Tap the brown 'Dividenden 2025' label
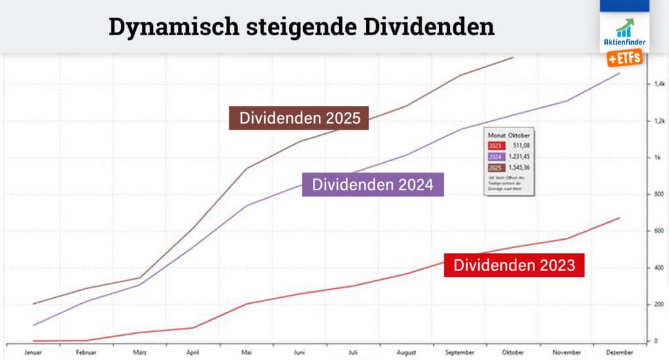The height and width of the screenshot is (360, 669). pos(299,118)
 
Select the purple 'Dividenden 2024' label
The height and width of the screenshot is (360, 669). pos(372,184)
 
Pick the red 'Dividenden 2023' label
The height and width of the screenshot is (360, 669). pos(514,265)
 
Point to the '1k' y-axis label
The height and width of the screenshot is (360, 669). pos(658,157)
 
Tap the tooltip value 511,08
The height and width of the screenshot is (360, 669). pos(521,146)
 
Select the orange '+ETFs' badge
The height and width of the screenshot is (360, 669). pos(625,59)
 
